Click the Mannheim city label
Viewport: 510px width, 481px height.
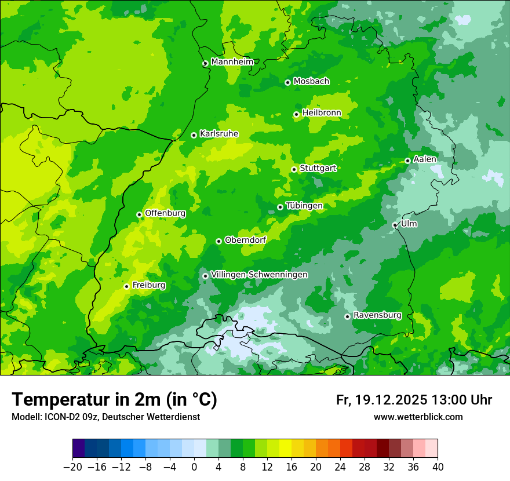(232, 62)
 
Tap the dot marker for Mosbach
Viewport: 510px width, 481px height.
(287, 82)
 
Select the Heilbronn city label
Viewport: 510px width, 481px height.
(322, 113)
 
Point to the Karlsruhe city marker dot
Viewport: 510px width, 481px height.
(194, 135)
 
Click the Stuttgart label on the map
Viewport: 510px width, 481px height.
(318, 169)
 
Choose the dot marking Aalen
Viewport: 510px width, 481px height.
(407, 161)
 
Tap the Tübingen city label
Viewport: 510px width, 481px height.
(304, 206)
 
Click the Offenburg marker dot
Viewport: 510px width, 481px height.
(139, 214)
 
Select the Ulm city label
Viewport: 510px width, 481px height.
(409, 224)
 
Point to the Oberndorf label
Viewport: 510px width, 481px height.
(245, 240)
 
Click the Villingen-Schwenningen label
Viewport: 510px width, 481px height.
(259, 275)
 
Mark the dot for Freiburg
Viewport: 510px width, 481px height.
(126, 286)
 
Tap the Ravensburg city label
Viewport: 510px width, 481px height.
(377, 315)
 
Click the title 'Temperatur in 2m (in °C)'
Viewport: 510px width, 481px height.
(114, 399)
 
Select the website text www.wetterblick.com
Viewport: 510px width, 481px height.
(418, 417)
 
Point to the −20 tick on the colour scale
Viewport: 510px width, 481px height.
(72, 467)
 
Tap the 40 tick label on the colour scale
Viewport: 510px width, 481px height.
(438, 467)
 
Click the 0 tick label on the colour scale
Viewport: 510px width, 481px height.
(194, 467)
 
